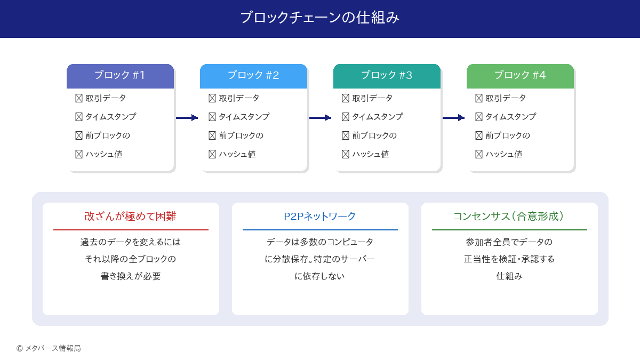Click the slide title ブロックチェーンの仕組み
tap(320, 18)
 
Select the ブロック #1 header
tap(120, 76)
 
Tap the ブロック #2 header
tap(253, 76)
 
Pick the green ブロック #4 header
tap(520, 76)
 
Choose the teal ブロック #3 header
tap(387, 76)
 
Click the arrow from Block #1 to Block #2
tap(187, 118)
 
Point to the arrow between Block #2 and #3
tap(320, 118)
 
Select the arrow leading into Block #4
tap(453, 118)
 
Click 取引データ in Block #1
tap(106, 98)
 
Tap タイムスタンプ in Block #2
tap(244, 117)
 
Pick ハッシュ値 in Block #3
tap(370, 154)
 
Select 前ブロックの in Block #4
tap(507, 135)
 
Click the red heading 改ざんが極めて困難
tap(131, 217)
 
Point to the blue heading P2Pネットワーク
tap(320, 217)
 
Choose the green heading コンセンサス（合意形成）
tap(509, 217)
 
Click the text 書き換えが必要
tap(131, 276)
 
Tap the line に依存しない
tap(320, 276)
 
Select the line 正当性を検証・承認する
tap(509, 259)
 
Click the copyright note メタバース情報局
tap(53, 348)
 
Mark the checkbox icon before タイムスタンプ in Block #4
tap(478, 117)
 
